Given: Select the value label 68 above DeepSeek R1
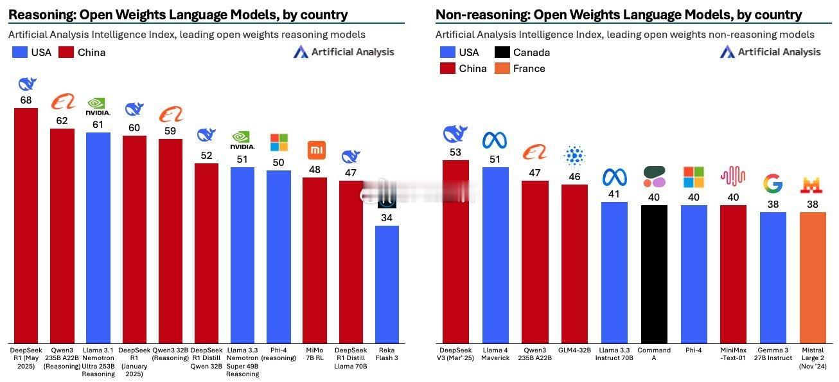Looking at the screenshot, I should tap(26, 100).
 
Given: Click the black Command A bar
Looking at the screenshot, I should tap(653, 274).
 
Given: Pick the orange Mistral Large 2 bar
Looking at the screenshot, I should tap(812, 277).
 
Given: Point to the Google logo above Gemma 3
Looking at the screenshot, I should tap(772, 184).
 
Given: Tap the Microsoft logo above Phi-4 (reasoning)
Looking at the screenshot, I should tap(279, 143).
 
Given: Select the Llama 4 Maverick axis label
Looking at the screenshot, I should tap(495, 354).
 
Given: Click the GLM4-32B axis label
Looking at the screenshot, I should tap(574, 350).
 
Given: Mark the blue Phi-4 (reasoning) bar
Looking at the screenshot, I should tap(278, 257).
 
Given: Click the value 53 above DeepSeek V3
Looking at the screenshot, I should tap(455, 152).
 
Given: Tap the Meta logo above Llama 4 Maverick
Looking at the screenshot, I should tap(495, 140).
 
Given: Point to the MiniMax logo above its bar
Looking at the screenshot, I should tap(732, 176).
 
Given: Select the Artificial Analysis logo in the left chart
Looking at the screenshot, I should tap(344, 52).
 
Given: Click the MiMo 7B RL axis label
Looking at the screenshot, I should tap(315, 354).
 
